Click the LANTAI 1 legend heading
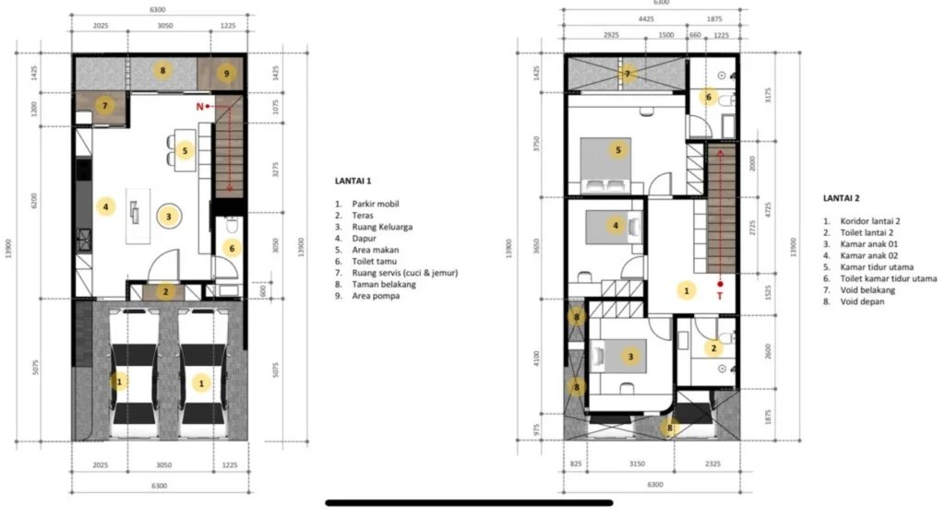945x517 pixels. [353, 181]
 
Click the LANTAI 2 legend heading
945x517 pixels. [842, 198]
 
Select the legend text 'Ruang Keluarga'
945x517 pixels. [382, 227]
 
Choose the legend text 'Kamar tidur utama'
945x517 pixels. [877, 266]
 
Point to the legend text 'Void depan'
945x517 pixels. [863, 301]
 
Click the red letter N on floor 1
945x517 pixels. [199, 107]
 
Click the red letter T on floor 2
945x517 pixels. [720, 296]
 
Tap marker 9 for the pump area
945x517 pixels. [227, 74]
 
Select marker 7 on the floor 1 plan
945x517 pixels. [105, 106]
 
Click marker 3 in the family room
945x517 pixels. [168, 217]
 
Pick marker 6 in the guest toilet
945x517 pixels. [232, 247]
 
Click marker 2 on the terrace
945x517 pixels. [166, 292]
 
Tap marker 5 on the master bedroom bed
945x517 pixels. [617, 150]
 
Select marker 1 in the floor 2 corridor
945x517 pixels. [686, 290]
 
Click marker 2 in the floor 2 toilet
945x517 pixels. [713, 347]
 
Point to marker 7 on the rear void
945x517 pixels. [628, 74]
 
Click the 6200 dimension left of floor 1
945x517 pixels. [34, 200]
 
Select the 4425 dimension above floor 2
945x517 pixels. [646, 19]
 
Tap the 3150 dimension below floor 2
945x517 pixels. [637, 464]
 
